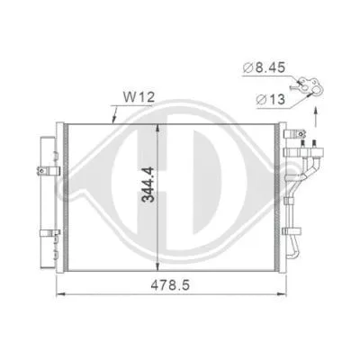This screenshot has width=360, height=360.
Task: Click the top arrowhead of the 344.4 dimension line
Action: pyautogui.click(x=157, y=126)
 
